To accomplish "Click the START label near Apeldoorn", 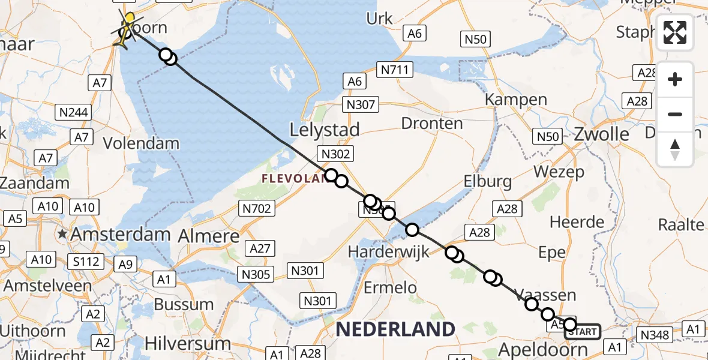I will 583,331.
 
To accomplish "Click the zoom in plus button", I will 675,79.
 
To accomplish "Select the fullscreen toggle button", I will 675,32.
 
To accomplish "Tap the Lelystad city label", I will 324,130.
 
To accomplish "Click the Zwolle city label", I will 601,134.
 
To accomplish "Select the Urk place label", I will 379,18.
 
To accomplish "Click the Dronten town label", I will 432,124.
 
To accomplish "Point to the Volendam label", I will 141,143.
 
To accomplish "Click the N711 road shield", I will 395,70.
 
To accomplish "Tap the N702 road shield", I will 257,209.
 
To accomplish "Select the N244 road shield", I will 73,112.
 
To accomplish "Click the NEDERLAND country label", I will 395,329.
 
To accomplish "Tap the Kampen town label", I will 508,100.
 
